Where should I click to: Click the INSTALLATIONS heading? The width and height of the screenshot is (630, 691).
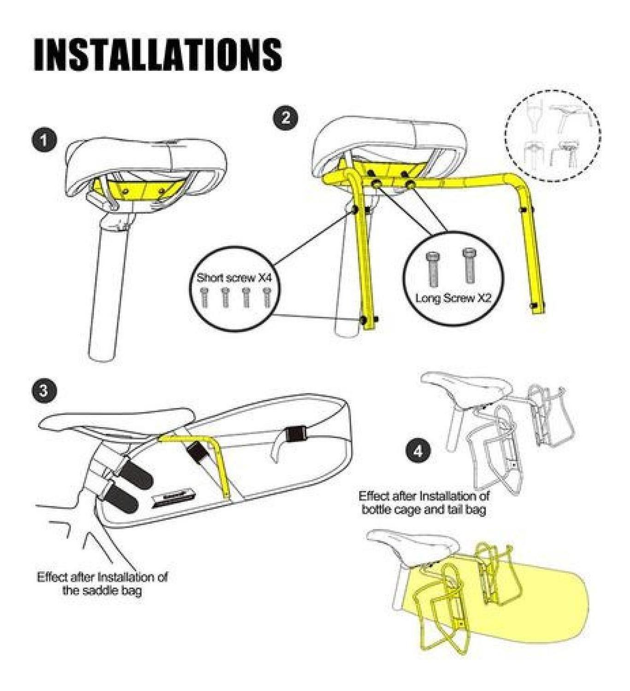click(x=158, y=54)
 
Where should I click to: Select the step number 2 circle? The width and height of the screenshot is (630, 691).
click(x=285, y=117)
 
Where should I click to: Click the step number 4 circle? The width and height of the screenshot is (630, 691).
click(x=418, y=451)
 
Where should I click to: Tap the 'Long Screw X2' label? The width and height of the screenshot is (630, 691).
click(x=453, y=298)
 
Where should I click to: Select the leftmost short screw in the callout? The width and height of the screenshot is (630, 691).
click(x=204, y=297)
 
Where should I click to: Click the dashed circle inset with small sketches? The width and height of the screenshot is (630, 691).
click(x=553, y=138)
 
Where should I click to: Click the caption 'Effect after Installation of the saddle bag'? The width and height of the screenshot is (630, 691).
click(x=102, y=583)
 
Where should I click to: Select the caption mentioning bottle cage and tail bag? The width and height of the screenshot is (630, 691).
click(x=424, y=503)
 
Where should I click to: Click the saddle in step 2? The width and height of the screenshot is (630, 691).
click(x=387, y=138)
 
